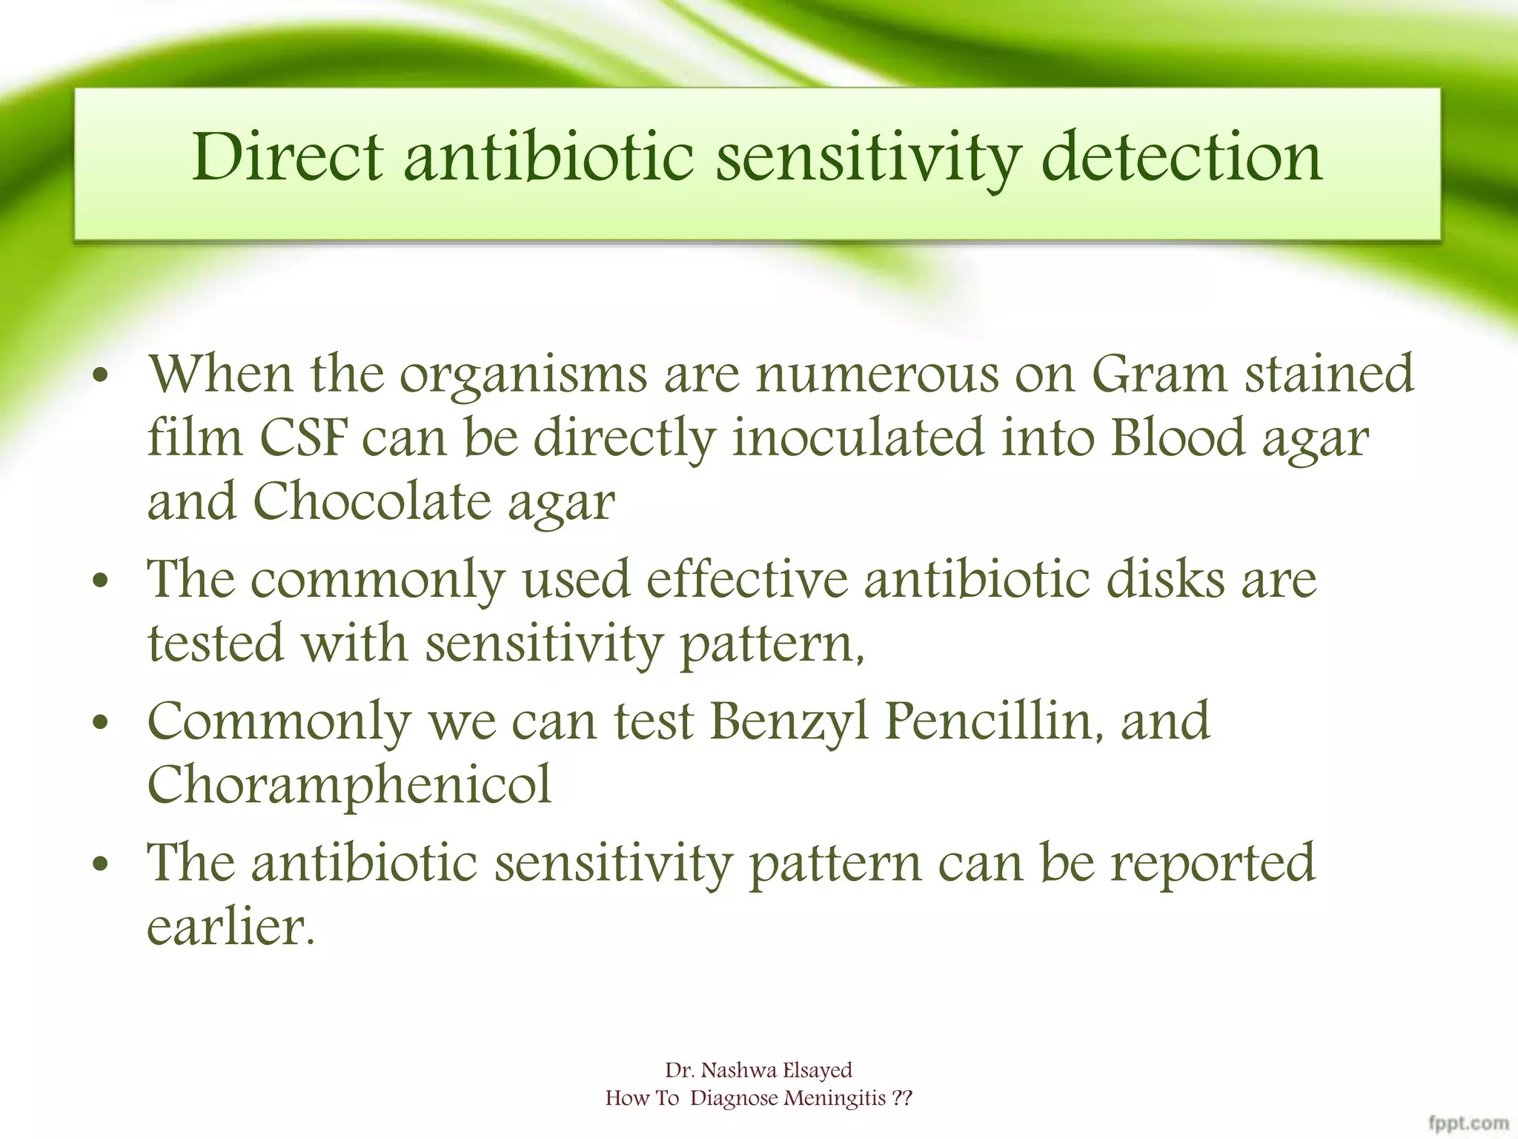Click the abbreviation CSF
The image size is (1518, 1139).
pyautogui.click(x=302, y=438)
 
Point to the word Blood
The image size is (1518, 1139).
pyautogui.click(x=1177, y=438)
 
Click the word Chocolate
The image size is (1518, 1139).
pyautogui.click(x=371, y=502)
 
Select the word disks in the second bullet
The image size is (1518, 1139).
pyautogui.click(x=1166, y=579)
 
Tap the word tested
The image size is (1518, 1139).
pyautogui.click(x=216, y=643)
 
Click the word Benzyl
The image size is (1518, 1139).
pyautogui.click(x=788, y=721)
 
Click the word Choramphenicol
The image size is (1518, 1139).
pyautogui.click(x=349, y=785)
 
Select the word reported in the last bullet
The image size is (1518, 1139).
pyautogui.click(x=1212, y=862)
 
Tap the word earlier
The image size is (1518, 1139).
pyautogui.click(x=231, y=927)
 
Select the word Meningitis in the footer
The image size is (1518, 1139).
pyautogui.click(x=835, y=1098)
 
